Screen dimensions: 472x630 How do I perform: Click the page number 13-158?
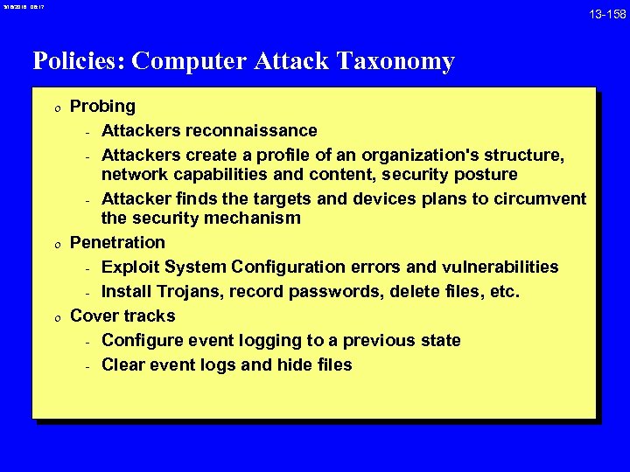point(606,15)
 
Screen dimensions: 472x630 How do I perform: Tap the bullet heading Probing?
point(102,107)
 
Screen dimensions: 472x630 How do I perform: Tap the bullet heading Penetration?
point(117,242)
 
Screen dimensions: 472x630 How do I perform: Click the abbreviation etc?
point(506,291)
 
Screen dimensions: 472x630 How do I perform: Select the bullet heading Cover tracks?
point(122,316)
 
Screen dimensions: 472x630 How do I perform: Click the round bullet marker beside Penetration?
point(55,243)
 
